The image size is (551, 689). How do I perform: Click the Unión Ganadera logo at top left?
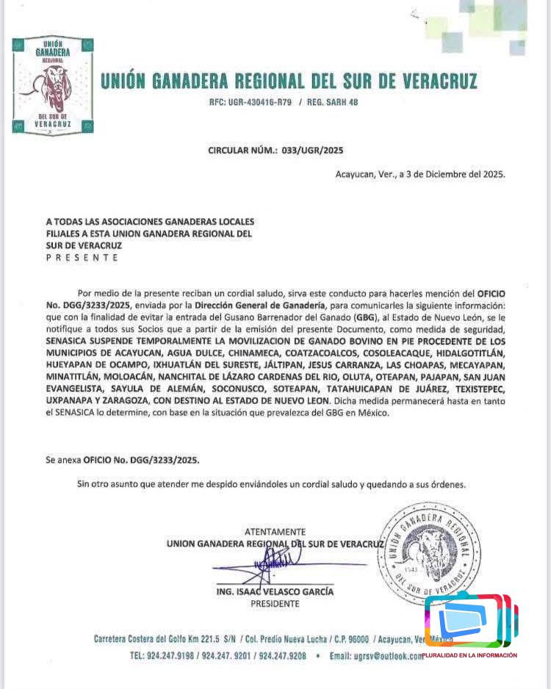tap(52, 86)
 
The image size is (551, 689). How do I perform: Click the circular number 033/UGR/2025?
tap(311, 151)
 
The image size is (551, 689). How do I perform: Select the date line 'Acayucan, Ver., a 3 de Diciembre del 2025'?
tap(420, 174)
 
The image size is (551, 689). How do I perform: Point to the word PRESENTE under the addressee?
tap(82, 258)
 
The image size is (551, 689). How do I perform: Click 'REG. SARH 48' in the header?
tap(333, 102)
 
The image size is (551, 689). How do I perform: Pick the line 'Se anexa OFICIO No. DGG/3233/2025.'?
tap(122, 461)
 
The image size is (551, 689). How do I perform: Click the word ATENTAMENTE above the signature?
tap(275, 532)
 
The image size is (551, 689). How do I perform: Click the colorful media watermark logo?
tap(470, 621)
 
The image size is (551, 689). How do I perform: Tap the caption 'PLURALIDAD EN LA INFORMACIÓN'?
tap(469, 655)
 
